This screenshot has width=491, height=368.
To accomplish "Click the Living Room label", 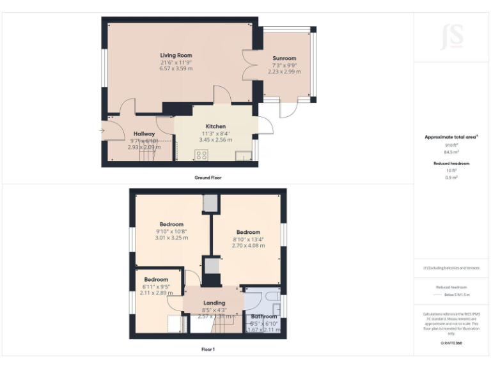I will (x=176, y=56).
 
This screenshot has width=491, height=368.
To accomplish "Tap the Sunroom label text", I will (x=284, y=58).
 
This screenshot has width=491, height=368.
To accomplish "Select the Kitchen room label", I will (x=215, y=126).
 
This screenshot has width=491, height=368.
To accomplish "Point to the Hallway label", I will (x=144, y=133).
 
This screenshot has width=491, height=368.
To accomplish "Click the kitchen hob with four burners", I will (x=202, y=155).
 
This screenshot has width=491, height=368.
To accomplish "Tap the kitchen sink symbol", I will (x=243, y=156).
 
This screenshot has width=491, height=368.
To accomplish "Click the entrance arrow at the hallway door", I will (x=102, y=132).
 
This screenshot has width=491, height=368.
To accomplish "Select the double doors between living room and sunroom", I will (x=249, y=63).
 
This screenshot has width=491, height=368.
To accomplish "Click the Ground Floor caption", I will (x=208, y=177).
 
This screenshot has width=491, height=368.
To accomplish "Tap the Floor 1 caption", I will (x=208, y=349).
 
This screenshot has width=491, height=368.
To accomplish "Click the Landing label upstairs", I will (x=214, y=303).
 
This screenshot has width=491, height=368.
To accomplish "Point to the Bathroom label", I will (x=263, y=316).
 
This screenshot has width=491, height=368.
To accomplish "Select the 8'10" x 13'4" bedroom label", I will (x=248, y=232).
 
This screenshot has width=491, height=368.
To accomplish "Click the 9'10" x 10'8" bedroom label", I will (x=171, y=224).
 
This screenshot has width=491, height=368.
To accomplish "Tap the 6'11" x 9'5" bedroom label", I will (x=156, y=280).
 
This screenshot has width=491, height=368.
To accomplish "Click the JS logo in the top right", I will (x=452, y=36).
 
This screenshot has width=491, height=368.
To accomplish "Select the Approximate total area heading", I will (x=451, y=137).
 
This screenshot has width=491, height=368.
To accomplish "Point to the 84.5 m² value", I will (x=452, y=152).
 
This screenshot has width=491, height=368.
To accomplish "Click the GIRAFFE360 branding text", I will (x=451, y=344).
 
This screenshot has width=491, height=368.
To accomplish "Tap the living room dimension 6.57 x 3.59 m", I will (x=176, y=68).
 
